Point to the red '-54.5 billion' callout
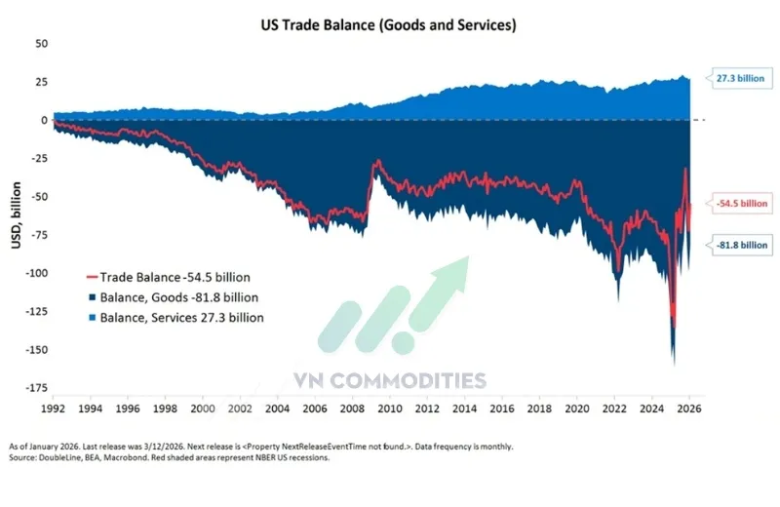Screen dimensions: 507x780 [x=741, y=204]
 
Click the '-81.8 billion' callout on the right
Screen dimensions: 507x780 [x=741, y=245]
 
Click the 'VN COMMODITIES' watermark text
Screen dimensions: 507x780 [x=390, y=380]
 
